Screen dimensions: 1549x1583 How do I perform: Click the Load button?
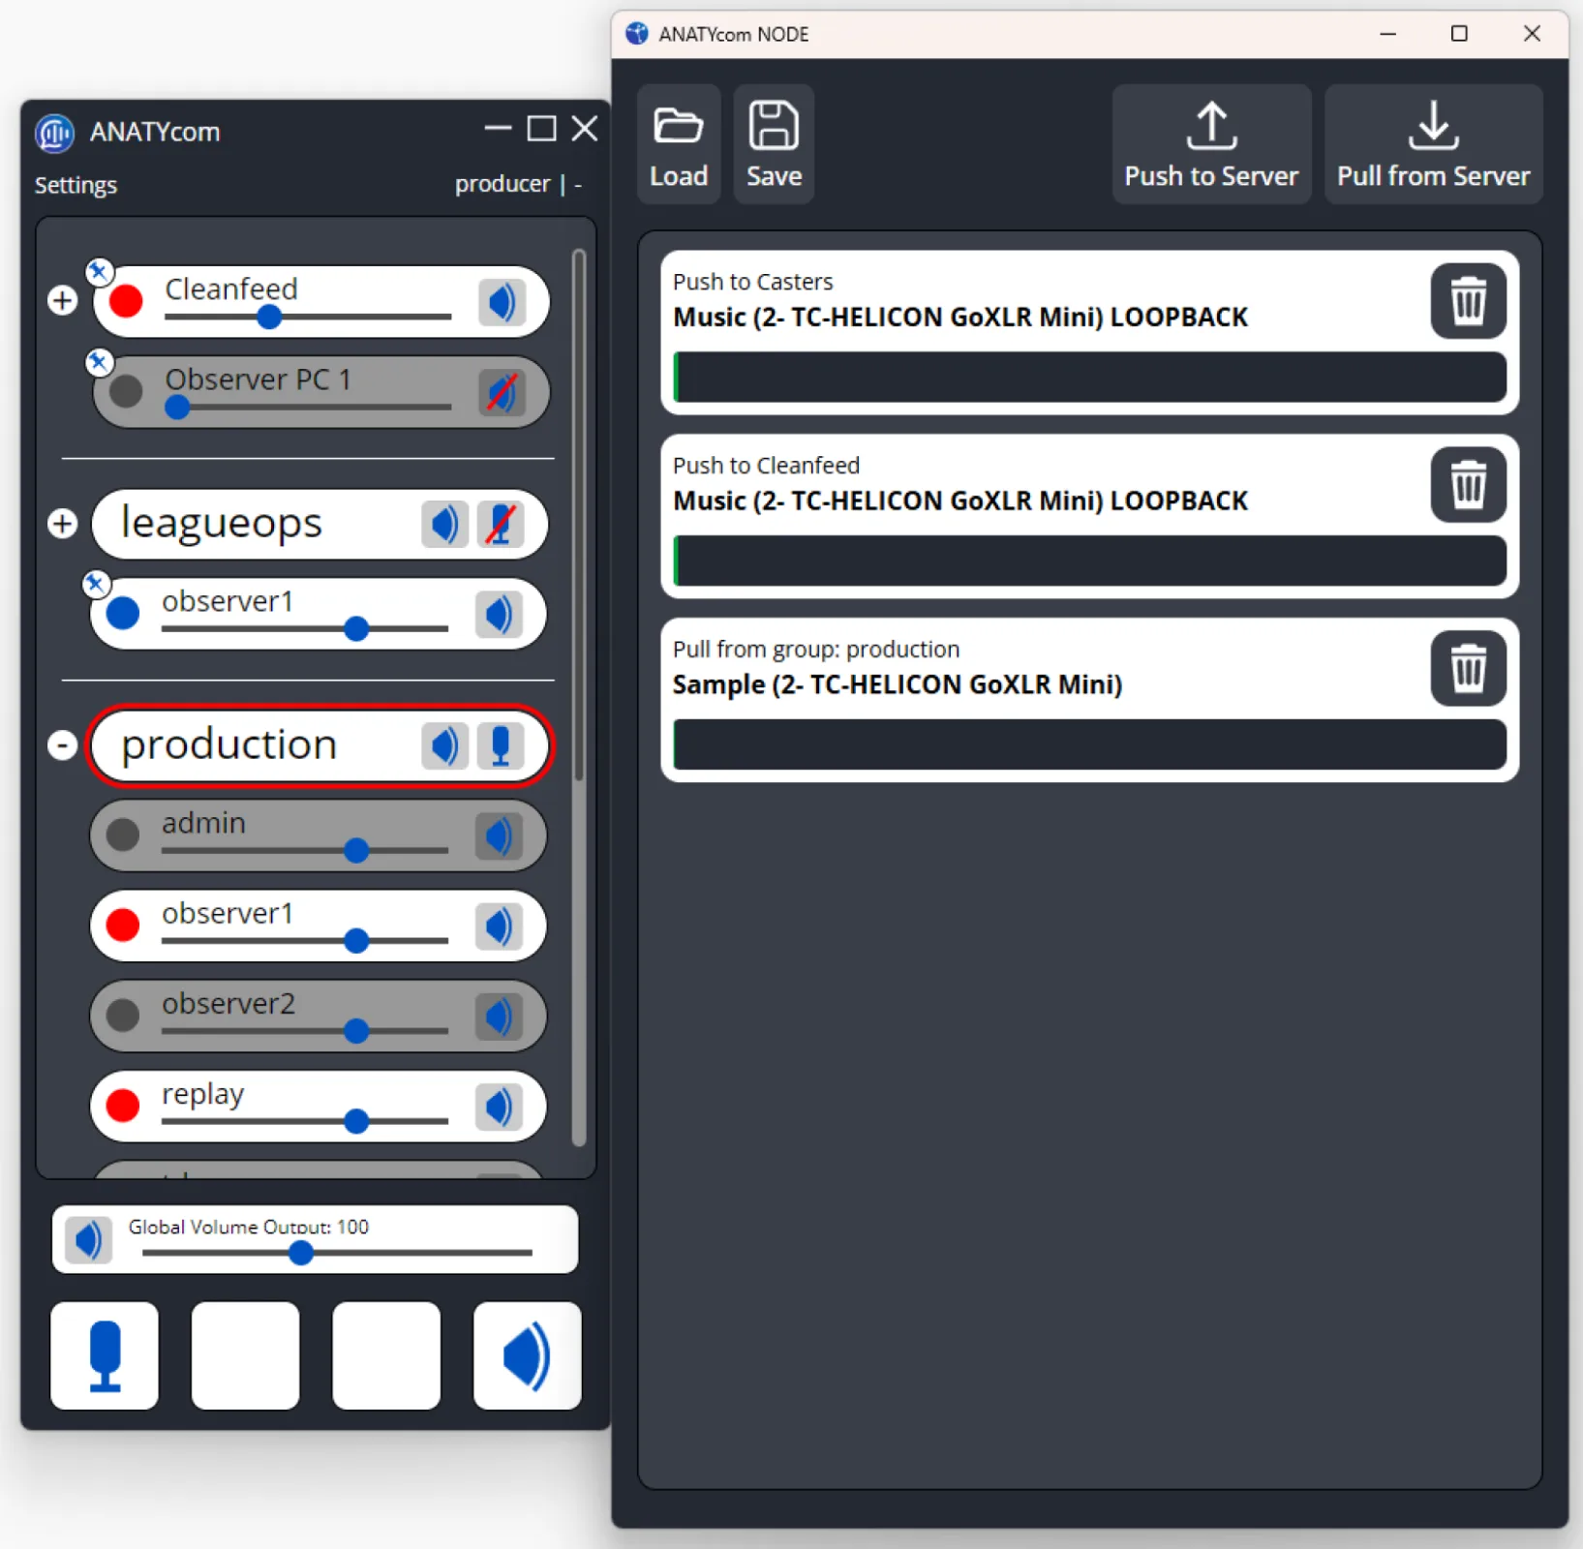click(678, 144)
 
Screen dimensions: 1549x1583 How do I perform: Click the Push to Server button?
click(1210, 144)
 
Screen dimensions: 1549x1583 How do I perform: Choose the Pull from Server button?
click(1432, 144)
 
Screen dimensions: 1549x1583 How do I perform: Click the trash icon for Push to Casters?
click(1467, 301)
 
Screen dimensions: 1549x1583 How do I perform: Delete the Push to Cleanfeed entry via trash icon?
click(1467, 484)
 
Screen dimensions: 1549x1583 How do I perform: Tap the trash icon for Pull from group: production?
click(1467, 668)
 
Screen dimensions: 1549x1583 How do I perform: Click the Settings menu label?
click(76, 185)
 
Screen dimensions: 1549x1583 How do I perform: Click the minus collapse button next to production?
click(63, 744)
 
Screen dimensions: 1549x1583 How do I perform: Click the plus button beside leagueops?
click(63, 524)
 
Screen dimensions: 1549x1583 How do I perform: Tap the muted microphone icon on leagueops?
click(500, 524)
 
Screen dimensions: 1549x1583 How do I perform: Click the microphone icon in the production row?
click(500, 745)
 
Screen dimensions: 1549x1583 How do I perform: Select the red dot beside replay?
click(123, 1105)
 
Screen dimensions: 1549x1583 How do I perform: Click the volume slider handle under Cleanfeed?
click(269, 317)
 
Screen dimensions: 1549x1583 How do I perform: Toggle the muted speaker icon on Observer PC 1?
click(502, 392)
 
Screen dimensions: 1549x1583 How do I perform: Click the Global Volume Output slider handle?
click(301, 1253)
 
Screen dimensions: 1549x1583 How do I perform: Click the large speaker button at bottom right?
click(527, 1355)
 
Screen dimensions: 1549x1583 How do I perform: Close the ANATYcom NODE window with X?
click(1531, 34)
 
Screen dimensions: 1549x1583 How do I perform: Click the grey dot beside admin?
click(123, 835)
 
